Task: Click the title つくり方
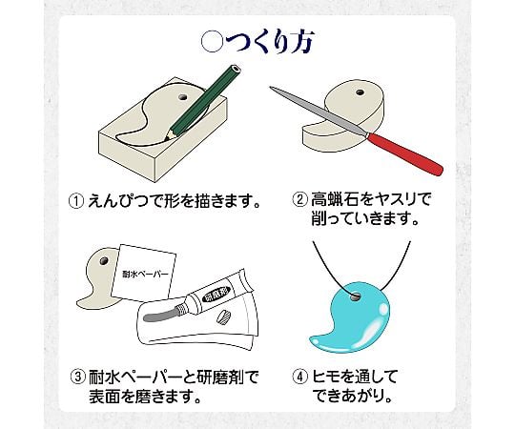pyautogui.click(x=270, y=42)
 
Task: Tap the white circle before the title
pyautogui.click(x=212, y=43)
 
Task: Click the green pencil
pyautogui.click(x=202, y=103)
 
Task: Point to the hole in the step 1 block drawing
pyautogui.click(x=181, y=97)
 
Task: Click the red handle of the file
pyautogui.click(x=405, y=153)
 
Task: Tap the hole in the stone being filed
pyautogui.click(x=360, y=92)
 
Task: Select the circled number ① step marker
pyautogui.click(x=76, y=201)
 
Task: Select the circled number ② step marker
pyautogui.click(x=299, y=200)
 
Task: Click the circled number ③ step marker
pyautogui.click(x=78, y=378)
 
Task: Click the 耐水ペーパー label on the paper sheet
pyautogui.click(x=145, y=274)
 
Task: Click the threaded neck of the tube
pyautogui.click(x=180, y=309)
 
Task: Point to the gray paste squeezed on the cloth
pyautogui.click(x=160, y=315)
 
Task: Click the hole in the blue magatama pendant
pyautogui.click(x=355, y=297)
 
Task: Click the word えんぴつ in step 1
pyautogui.click(x=119, y=201)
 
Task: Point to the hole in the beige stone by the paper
pyautogui.click(x=103, y=261)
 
